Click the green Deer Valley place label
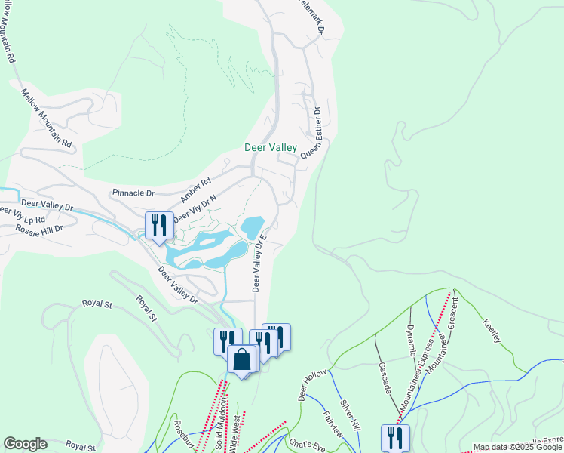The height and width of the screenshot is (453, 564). (x=271, y=148)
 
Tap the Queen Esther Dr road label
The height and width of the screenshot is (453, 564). (x=311, y=132)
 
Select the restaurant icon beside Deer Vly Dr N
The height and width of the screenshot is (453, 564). (x=158, y=225)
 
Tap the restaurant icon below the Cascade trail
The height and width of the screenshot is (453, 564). (x=396, y=437)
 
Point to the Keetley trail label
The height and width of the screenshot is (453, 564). (x=491, y=329)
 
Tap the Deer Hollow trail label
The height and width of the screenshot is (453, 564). (x=313, y=386)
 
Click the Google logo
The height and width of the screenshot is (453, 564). (x=25, y=444)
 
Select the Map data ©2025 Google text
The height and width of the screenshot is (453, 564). (x=517, y=447)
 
